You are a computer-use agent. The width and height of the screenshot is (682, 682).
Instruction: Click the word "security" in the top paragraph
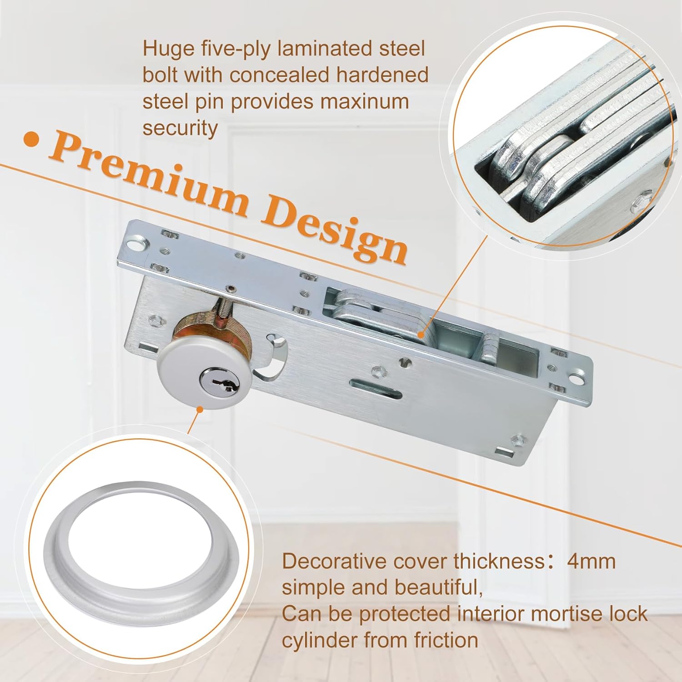coord(180,128)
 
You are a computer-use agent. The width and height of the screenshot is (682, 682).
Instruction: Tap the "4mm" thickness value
coord(591,561)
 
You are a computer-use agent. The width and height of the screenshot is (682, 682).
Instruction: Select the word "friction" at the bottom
coord(446,640)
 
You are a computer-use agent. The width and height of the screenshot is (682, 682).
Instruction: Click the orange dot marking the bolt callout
coord(421,335)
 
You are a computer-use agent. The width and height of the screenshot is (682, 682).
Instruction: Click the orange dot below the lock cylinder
coord(199,410)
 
